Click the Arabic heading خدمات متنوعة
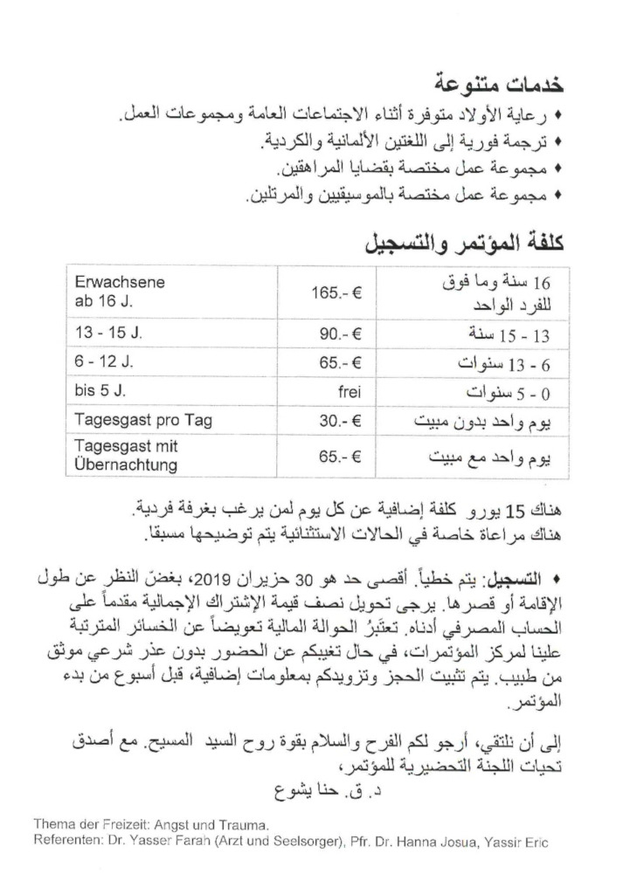pos(499,86)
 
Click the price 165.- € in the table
pos(336,292)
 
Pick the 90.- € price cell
pos(340,334)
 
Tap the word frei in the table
pos(346,391)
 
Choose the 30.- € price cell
pos(340,420)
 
